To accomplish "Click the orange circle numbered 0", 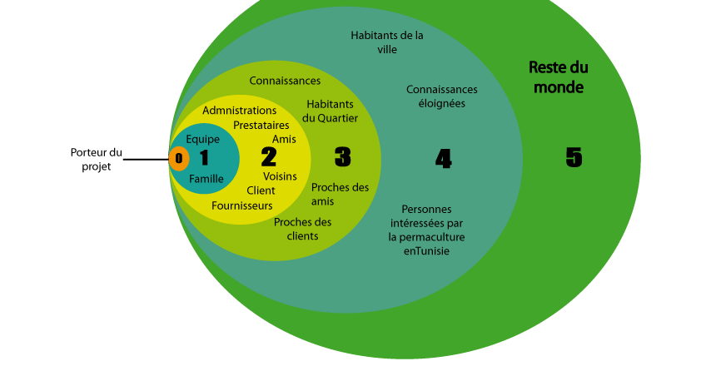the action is coord(179,158).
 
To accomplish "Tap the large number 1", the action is coord(204,158).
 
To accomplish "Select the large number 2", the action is coord(269,156).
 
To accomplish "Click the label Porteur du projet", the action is coord(96,160).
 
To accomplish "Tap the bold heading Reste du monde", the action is coord(559,77).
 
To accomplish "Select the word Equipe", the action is coord(202,140).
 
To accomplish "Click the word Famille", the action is coord(206,179).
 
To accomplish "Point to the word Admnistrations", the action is coord(239,111).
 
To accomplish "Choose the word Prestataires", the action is coord(261,125).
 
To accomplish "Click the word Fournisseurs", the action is coord(242,205).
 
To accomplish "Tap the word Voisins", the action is coord(280,176).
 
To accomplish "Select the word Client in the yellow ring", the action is coord(261,190).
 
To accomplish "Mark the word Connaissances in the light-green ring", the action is coord(285,81).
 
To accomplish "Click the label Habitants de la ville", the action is coord(386,42).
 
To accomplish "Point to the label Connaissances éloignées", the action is coord(442,96).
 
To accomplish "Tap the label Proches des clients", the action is coord(303,229).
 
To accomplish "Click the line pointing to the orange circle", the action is coord(146,159).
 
